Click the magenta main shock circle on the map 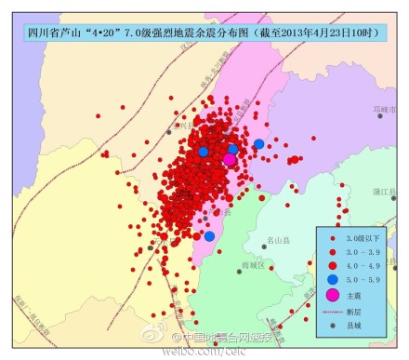229,159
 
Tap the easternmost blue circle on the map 258,144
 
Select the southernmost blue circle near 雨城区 209,236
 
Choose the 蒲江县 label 385,193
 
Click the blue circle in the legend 332,278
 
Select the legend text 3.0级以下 362,240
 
